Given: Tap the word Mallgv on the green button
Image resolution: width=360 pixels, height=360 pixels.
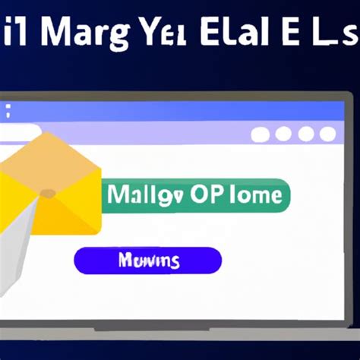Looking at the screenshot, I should [x=143, y=195].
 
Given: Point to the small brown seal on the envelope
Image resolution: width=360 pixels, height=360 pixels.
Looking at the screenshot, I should [x=47, y=194].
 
